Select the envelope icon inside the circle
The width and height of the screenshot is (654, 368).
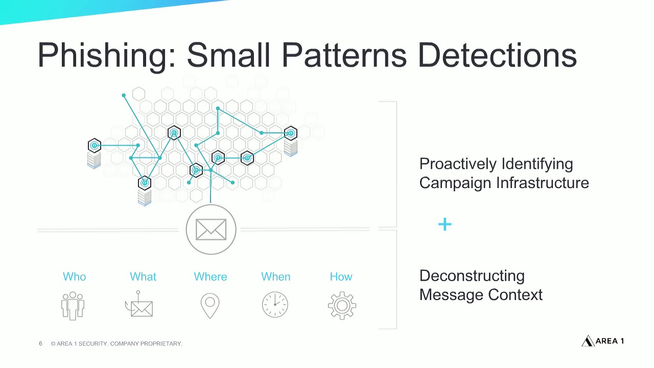tap(211, 229)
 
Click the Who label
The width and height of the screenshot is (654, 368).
tap(74, 277)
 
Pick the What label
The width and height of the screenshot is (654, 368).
tap(143, 277)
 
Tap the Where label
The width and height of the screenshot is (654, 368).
tap(210, 277)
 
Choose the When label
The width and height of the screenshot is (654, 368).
tap(276, 277)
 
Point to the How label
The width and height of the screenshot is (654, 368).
tap(341, 277)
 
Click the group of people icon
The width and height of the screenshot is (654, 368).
tap(73, 305)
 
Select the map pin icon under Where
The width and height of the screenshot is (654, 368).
tap(210, 306)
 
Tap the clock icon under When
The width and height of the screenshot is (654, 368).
tap(275, 305)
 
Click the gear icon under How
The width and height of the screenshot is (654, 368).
tap(342, 306)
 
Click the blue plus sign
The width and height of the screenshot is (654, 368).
tap(445, 224)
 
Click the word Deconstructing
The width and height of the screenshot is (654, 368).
tap(472, 276)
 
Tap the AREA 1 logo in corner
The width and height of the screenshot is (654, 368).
tap(603, 341)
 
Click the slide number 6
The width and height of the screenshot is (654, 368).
tap(40, 343)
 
